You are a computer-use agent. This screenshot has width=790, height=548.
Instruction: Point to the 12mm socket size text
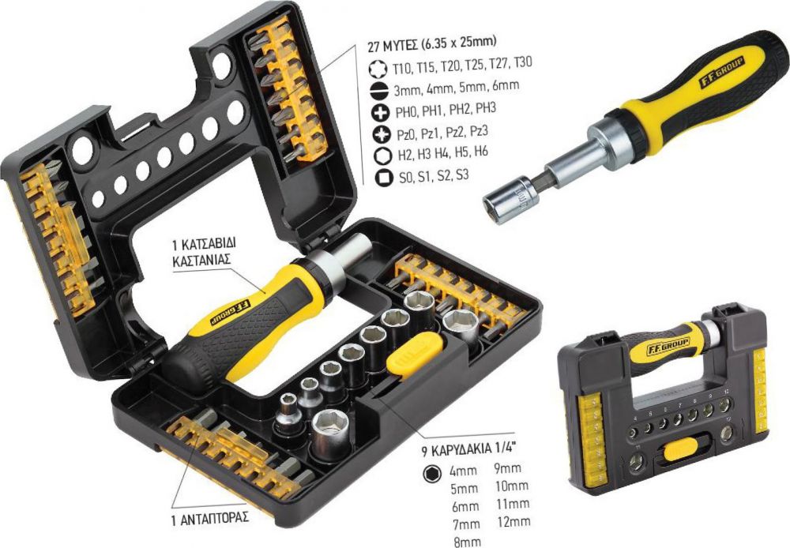(x=513, y=521)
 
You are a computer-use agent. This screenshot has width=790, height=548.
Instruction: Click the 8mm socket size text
(x=467, y=542)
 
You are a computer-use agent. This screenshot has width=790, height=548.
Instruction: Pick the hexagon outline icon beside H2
(x=383, y=156)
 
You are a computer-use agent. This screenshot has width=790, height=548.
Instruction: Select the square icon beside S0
(x=384, y=178)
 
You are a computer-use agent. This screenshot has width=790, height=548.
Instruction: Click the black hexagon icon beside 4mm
(x=432, y=473)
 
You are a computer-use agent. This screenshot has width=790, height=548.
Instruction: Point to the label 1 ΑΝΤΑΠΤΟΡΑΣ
(x=210, y=518)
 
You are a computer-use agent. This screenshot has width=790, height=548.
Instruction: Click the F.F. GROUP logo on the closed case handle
(x=668, y=346)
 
